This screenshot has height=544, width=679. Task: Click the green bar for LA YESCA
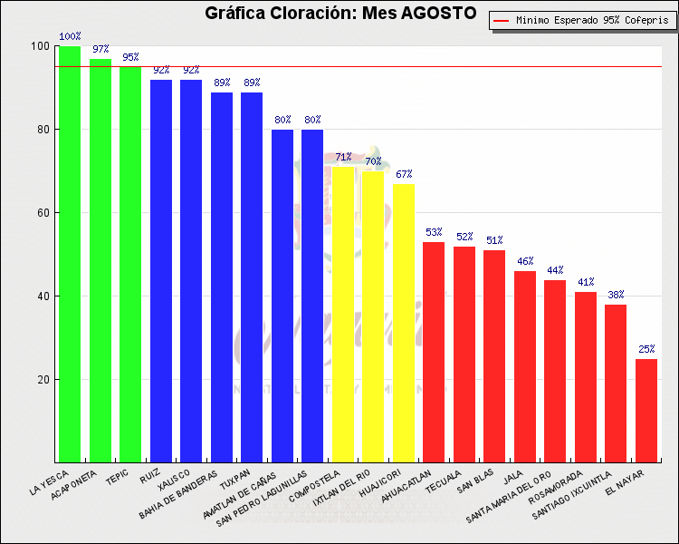click(x=70, y=254)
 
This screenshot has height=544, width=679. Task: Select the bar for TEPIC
click(x=130, y=263)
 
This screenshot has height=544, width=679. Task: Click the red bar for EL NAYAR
click(x=646, y=410)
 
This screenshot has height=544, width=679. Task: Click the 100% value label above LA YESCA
click(x=70, y=37)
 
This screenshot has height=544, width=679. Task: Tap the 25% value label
click(x=646, y=349)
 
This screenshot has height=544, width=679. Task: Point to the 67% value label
click(x=404, y=174)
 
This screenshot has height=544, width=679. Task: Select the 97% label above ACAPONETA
click(x=100, y=49)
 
